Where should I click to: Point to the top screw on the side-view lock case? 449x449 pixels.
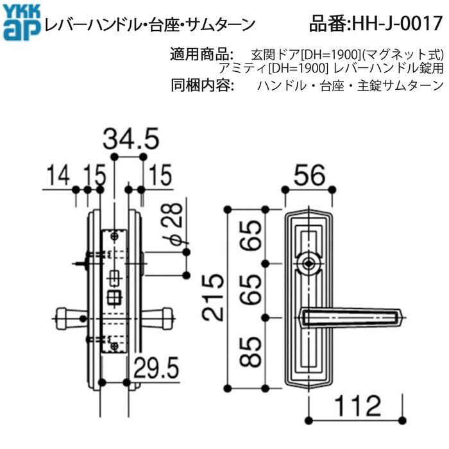pos(114,237)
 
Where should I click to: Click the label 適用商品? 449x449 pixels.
pos(201,54)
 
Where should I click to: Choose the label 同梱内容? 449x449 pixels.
pos(201,85)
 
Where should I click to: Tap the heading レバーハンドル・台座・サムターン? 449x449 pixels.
pos(149,25)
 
